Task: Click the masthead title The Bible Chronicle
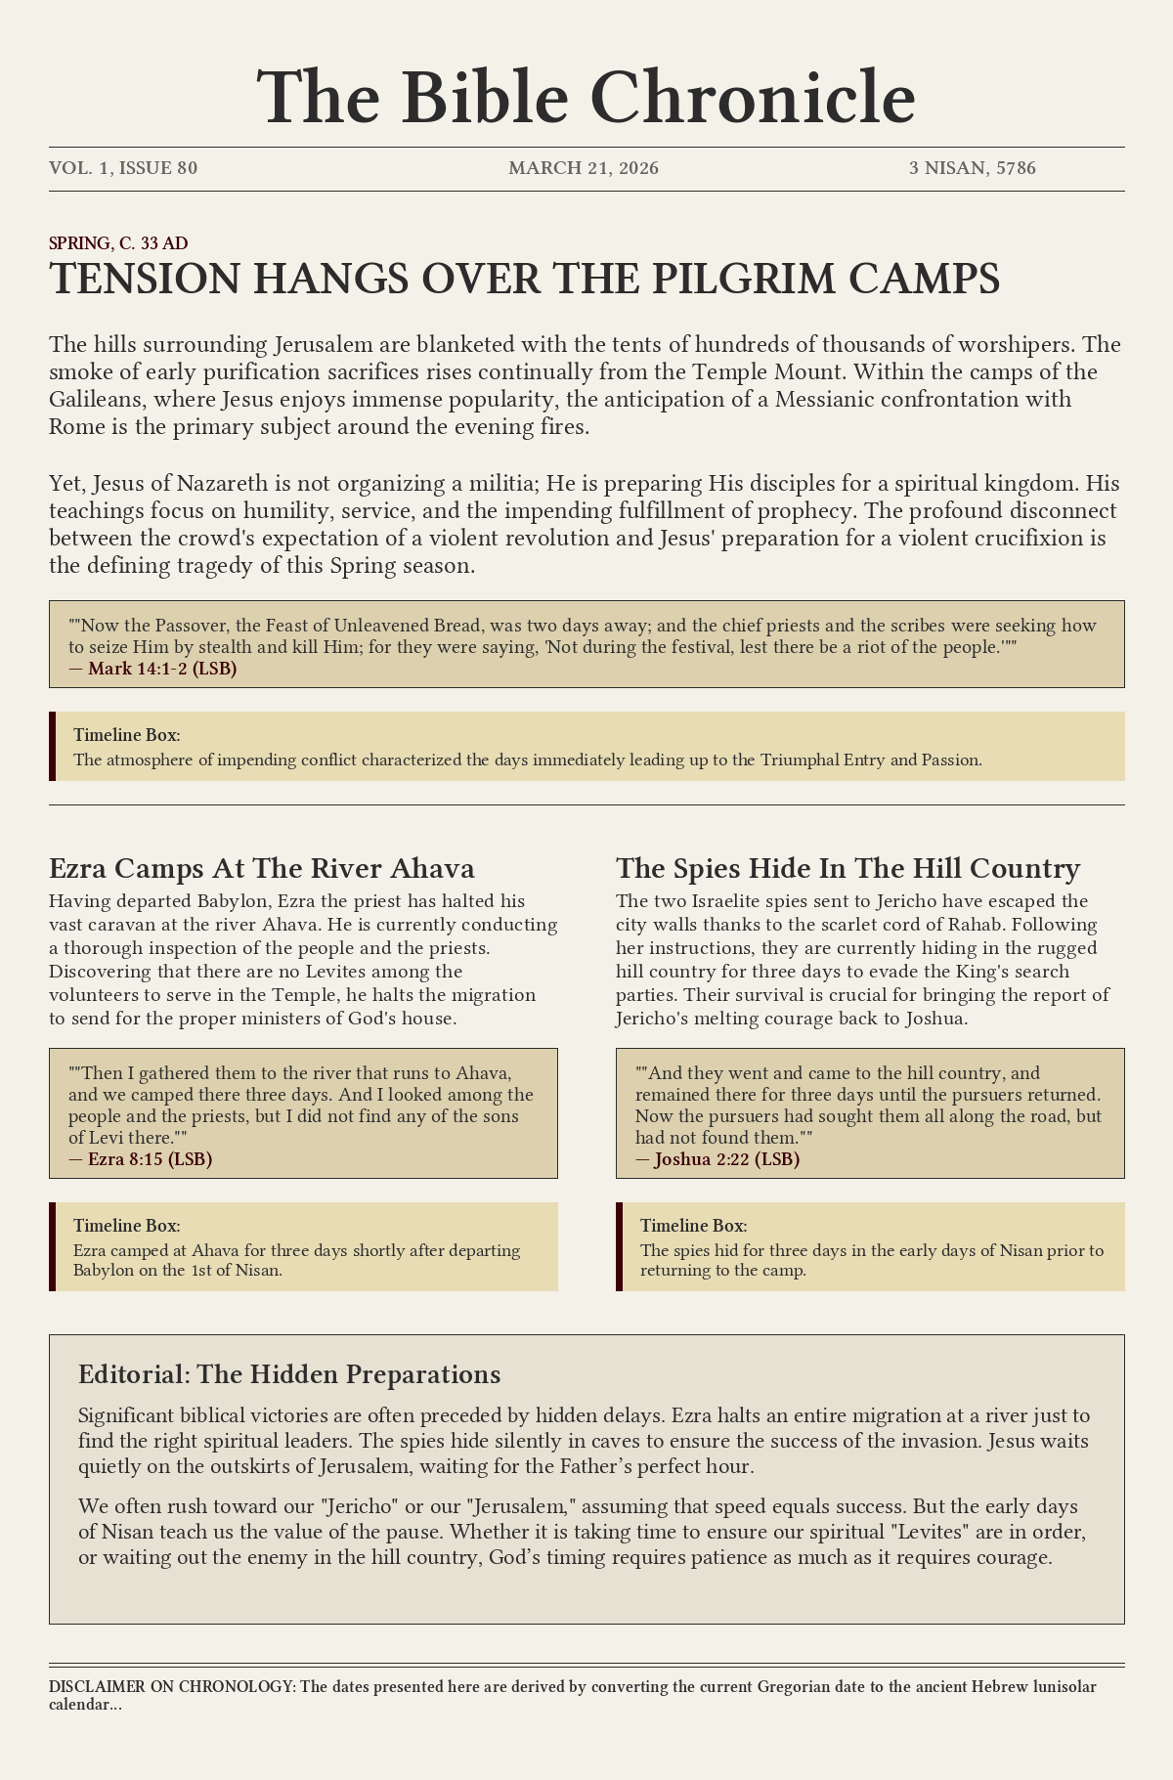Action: coord(586,98)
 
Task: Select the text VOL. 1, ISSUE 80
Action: coord(123,168)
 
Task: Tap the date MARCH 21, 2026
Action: coord(584,168)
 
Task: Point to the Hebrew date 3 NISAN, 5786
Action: coord(972,168)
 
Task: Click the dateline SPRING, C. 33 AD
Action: coord(118,242)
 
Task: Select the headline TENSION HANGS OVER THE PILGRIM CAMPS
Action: coord(524,280)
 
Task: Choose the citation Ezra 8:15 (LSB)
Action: coord(150,1159)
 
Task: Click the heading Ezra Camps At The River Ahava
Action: coord(262,868)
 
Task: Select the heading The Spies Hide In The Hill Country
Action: coord(847,868)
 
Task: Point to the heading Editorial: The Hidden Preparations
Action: coord(289,1373)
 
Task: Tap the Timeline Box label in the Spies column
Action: coord(694,1226)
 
